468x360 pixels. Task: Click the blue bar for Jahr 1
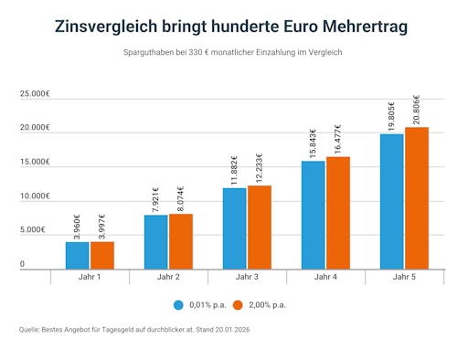[78, 255]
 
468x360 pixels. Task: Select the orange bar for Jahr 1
[101, 255]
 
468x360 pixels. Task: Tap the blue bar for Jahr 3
[234, 228]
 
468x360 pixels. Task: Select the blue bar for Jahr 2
[155, 241]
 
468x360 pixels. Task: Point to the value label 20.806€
[417, 110]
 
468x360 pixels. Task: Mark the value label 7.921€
[155, 197]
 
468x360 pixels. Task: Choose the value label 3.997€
[101, 225]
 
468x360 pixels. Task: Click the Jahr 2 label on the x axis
[168, 276]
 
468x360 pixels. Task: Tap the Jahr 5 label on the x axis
[404, 276]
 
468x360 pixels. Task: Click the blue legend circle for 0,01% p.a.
[179, 304]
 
